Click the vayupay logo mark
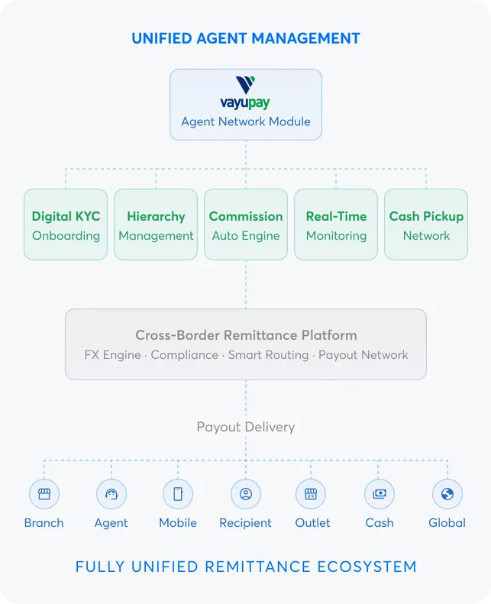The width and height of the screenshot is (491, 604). point(246,85)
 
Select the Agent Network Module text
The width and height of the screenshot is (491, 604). point(246,121)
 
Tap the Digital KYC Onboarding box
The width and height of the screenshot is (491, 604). point(66,225)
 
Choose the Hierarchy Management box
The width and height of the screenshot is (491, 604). point(156,225)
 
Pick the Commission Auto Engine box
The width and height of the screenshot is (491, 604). point(246,225)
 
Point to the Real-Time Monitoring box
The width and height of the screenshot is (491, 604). point(336,225)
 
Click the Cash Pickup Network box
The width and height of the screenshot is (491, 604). point(426,225)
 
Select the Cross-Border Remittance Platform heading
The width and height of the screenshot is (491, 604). point(246,335)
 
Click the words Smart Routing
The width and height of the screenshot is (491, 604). point(268,355)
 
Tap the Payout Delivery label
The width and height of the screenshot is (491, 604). point(246,427)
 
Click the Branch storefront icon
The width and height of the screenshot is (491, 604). point(44,494)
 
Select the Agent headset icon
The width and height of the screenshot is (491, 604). point(111,494)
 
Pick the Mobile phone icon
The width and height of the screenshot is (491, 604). point(178,494)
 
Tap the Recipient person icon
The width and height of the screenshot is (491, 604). point(245,494)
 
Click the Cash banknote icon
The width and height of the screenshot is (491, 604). point(380,494)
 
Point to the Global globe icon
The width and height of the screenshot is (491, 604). point(447,494)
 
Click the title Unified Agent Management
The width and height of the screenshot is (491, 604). point(246,38)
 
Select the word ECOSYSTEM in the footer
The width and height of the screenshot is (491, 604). point(366,567)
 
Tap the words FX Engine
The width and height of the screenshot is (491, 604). point(114,355)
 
